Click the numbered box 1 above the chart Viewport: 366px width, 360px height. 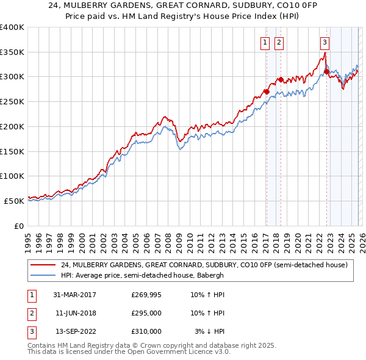pos(266,43)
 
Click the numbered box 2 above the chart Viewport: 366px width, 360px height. pos(279,43)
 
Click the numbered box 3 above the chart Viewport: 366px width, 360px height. pos(325,43)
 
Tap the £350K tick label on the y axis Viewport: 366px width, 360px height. pos(12,52)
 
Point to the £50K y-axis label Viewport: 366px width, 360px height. pos(15,201)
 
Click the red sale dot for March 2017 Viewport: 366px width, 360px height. pos(267,92)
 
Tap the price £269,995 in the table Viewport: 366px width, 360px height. pos(147,295)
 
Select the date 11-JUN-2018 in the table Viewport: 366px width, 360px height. pos(76,313)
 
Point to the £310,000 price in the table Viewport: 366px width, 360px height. pos(147,331)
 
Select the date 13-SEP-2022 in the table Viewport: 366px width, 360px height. pos(76,331)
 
